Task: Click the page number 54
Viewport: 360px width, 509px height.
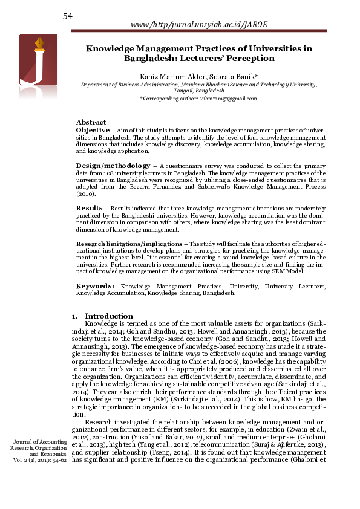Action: coord(68,16)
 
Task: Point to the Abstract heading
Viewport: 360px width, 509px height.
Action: coord(91,122)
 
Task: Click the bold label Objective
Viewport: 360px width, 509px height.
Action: coord(93,130)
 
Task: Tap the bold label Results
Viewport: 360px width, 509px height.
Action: coord(89,208)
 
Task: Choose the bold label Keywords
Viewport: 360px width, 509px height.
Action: coord(95,285)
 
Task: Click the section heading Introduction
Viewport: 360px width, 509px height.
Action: coord(108,316)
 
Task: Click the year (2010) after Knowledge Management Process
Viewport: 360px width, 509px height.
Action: coord(86,195)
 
